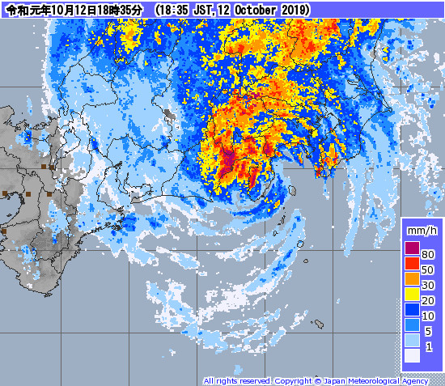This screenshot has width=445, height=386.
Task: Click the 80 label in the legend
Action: point(429,254)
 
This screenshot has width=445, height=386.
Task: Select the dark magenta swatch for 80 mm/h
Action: point(412,248)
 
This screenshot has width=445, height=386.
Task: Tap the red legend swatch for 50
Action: point(412,264)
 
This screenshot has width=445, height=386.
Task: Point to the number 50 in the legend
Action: point(429,269)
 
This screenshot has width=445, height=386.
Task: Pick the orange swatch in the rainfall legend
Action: point(412,279)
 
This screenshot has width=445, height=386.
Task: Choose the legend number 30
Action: point(429,285)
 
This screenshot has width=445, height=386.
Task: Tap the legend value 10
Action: point(429,316)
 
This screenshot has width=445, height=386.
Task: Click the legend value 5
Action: point(429,331)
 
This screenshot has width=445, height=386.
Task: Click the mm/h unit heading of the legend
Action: point(421,233)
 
